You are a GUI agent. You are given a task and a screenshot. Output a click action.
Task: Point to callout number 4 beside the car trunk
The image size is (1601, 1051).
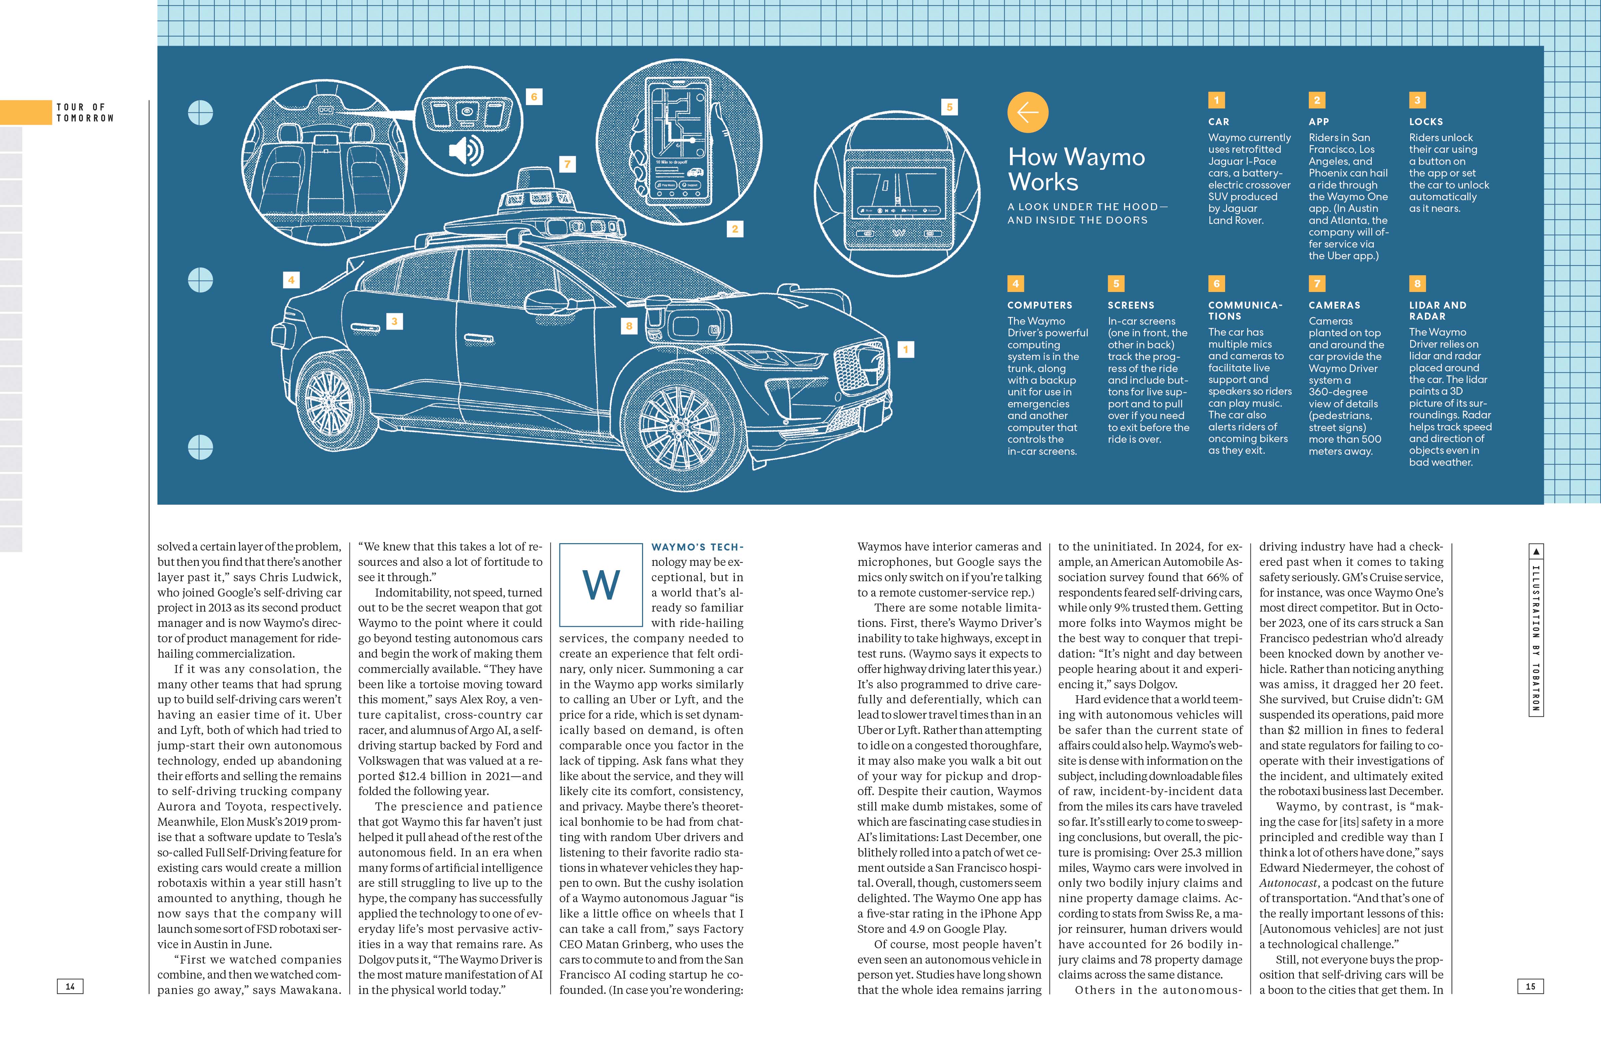point(291,280)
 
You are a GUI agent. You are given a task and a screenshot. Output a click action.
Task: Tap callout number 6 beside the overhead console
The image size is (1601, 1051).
point(534,97)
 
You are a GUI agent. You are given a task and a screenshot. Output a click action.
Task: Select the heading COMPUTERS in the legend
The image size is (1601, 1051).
point(1039,306)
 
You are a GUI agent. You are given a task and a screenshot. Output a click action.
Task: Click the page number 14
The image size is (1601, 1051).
point(70,986)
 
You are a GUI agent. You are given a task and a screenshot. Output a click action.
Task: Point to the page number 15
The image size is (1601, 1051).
point(1530,986)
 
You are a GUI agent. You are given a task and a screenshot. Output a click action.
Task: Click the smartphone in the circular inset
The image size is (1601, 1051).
point(678,143)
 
